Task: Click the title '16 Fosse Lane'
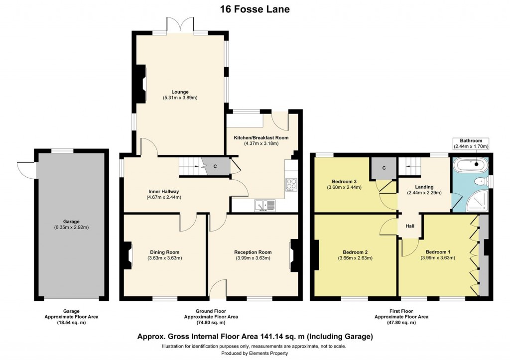point(255,9)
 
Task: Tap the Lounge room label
point(180,91)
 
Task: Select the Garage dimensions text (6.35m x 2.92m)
point(71,228)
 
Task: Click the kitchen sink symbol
point(264,205)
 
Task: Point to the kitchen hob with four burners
point(291,184)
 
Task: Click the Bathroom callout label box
point(471,143)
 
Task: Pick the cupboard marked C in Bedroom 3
point(383,168)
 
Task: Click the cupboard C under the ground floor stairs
point(215,166)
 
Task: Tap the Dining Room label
point(164,252)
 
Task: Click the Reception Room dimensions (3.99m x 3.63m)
point(253,258)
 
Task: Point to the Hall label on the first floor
point(409,226)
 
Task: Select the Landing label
point(424,187)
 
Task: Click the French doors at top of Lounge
point(179,25)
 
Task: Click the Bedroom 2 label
point(355,252)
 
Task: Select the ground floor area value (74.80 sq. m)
point(211,323)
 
